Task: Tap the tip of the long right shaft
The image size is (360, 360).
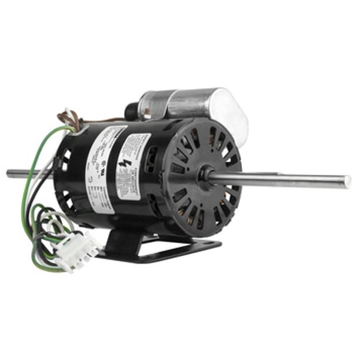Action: (x=346, y=182)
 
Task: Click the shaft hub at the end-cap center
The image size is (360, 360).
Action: (x=205, y=175)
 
